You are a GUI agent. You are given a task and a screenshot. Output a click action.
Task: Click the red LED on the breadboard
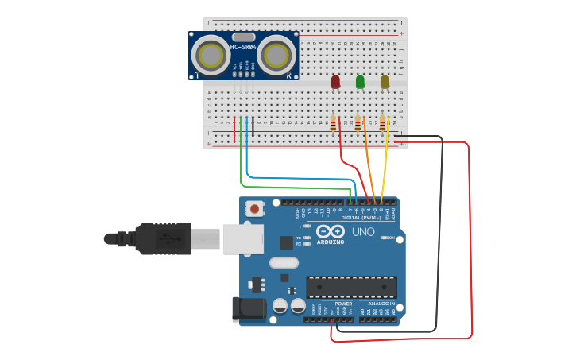(x=335, y=81)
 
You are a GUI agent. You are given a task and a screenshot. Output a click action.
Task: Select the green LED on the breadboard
(x=360, y=81)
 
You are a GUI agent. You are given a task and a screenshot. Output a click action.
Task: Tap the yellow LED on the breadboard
(x=385, y=81)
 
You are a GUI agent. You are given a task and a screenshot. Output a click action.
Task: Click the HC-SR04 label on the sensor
(x=243, y=48)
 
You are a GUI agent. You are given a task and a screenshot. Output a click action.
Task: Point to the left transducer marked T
(x=211, y=56)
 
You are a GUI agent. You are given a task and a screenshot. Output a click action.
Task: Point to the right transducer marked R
(x=275, y=56)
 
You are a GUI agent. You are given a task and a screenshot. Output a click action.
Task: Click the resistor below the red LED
(x=333, y=123)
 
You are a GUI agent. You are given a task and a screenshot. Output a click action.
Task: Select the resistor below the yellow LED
(x=382, y=123)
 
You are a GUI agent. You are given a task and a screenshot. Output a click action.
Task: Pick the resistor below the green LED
(x=358, y=123)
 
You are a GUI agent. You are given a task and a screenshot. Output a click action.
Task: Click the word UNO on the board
(x=363, y=231)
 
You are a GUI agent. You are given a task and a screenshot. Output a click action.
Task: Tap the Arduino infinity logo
(x=329, y=231)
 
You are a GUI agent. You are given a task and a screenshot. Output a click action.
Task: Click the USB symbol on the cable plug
(x=164, y=238)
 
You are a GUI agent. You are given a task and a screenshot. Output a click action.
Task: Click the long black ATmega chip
(x=351, y=287)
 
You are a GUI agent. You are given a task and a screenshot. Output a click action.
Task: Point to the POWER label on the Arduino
(x=343, y=304)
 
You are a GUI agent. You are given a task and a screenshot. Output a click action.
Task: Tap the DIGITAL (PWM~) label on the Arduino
(x=359, y=217)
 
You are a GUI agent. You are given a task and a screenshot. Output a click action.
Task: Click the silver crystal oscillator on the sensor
(x=244, y=37)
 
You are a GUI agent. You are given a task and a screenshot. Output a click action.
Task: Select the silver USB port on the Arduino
(x=243, y=238)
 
